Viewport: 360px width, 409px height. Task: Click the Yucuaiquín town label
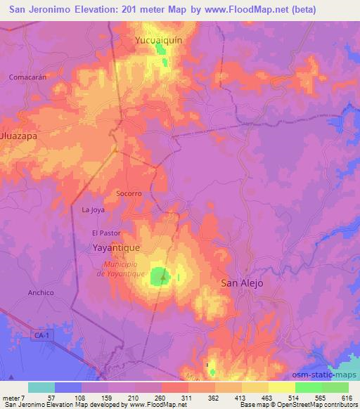159,41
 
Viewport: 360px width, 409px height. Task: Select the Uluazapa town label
18,138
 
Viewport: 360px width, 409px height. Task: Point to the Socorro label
129,193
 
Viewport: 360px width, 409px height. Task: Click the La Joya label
93,210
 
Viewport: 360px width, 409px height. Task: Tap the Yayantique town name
117,248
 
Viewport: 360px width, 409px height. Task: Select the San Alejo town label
242,283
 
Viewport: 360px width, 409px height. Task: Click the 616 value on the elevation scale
347,398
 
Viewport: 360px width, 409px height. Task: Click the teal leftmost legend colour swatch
41,387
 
